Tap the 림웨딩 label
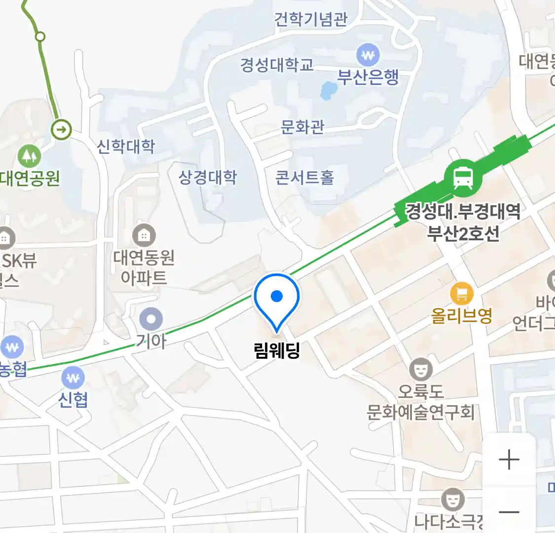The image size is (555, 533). pos(277,350)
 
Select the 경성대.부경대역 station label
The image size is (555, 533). pos(463,212)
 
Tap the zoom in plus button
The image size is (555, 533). pos(509,460)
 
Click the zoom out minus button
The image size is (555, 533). pos(509,512)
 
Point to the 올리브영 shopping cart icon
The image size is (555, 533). pos(462,295)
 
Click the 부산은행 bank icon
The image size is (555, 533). pos(368,55)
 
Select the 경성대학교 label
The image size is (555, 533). pos(277,65)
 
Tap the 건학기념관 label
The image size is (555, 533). pos(311,19)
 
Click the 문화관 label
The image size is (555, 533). pos(302,127)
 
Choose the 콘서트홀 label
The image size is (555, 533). pos(304,177)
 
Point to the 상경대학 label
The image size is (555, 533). pos(208,177)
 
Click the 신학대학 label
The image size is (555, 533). pos(126,146)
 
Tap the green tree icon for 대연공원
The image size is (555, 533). pos(30,156)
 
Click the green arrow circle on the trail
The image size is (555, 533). pos(62,130)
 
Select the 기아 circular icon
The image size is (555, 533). pos(151,319)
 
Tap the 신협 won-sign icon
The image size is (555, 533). pos(73,379)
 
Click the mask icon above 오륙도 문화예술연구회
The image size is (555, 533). pos(421,369)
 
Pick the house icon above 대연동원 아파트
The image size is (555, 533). pos(144,236)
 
